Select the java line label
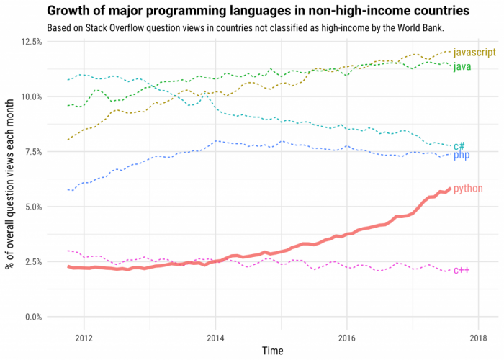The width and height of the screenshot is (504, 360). pos(462,67)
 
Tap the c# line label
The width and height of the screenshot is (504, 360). pos(459,145)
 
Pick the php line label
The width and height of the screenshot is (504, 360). pos(462,155)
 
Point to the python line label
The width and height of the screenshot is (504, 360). pos(468,188)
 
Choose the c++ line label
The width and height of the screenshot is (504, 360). pos(462,270)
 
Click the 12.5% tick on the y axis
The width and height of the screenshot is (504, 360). pos(29,42)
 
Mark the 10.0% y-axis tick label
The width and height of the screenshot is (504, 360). pos(29,96)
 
